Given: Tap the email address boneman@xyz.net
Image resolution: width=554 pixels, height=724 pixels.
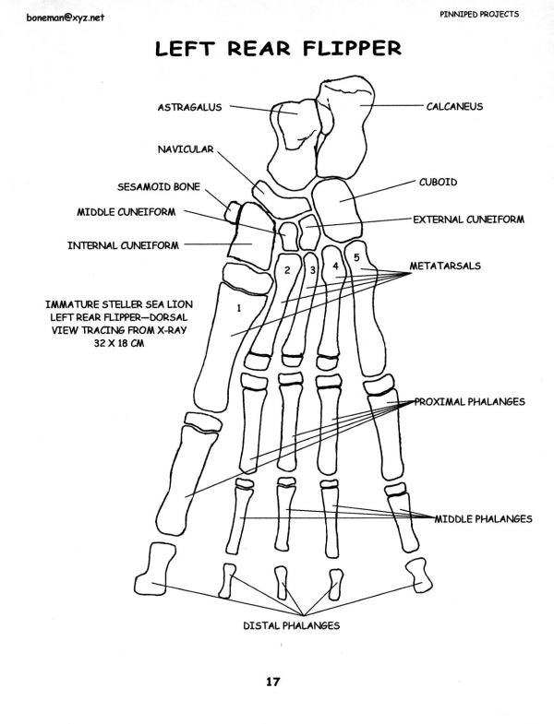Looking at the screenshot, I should coord(38,17).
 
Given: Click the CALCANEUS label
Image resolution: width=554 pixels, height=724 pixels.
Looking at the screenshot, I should coord(454,106).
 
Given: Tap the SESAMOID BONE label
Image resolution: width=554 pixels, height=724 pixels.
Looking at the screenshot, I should coord(158,184).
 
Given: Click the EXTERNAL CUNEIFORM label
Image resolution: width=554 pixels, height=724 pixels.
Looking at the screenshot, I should coord(468,220).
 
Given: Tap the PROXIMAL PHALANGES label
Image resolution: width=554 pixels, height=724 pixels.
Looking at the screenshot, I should coord(470,402).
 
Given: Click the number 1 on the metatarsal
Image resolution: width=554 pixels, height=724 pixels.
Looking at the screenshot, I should coord(238,305).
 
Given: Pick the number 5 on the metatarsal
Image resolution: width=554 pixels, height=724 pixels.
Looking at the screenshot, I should coord(356,257).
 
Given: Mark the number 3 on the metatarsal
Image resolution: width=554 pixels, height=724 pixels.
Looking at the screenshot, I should coord(313,270).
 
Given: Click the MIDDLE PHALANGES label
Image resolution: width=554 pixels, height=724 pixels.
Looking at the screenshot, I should coord(483,518).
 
